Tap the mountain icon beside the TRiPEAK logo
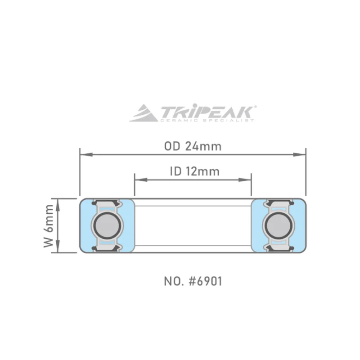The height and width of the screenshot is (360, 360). point(144,113)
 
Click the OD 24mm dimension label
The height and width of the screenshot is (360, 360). point(193,147)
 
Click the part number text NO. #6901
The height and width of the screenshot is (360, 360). point(193,282)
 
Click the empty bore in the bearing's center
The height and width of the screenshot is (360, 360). point(193,225)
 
